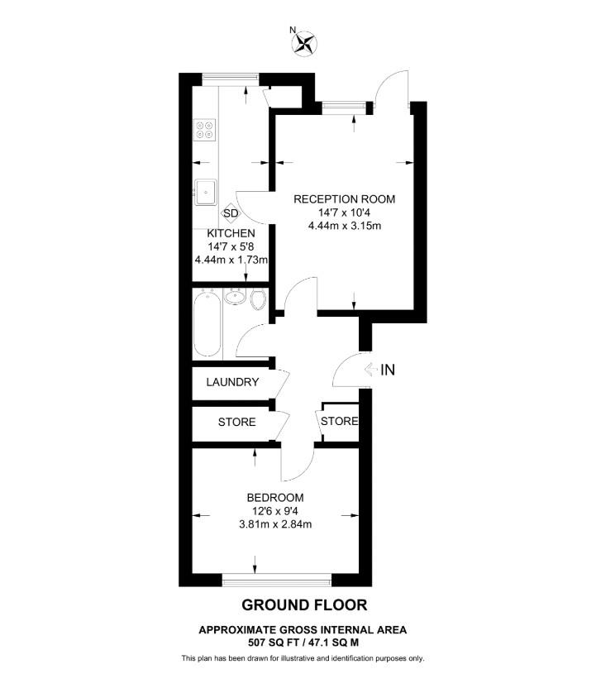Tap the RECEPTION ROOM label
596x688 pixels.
pyautogui.click(x=345, y=199)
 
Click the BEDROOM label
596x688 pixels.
pyautogui.click(x=275, y=498)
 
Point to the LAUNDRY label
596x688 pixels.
pyautogui.click(x=233, y=383)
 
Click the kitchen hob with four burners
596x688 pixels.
pyautogui.click(x=203, y=130)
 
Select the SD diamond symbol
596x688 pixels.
pyautogui.click(x=231, y=213)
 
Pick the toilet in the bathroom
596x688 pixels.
pyautogui.click(x=258, y=299)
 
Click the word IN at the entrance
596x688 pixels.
pyautogui.click(x=388, y=370)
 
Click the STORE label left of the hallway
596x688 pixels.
pyautogui.click(x=236, y=423)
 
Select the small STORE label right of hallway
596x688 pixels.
pyautogui.click(x=339, y=422)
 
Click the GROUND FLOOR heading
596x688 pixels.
pyautogui.click(x=303, y=605)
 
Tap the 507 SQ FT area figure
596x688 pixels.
pyautogui.click(x=273, y=642)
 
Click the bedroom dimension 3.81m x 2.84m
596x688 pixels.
pyautogui.click(x=275, y=523)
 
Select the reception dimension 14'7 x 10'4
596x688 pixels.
pyautogui.click(x=345, y=213)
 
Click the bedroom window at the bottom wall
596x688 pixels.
pyautogui.click(x=277, y=578)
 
